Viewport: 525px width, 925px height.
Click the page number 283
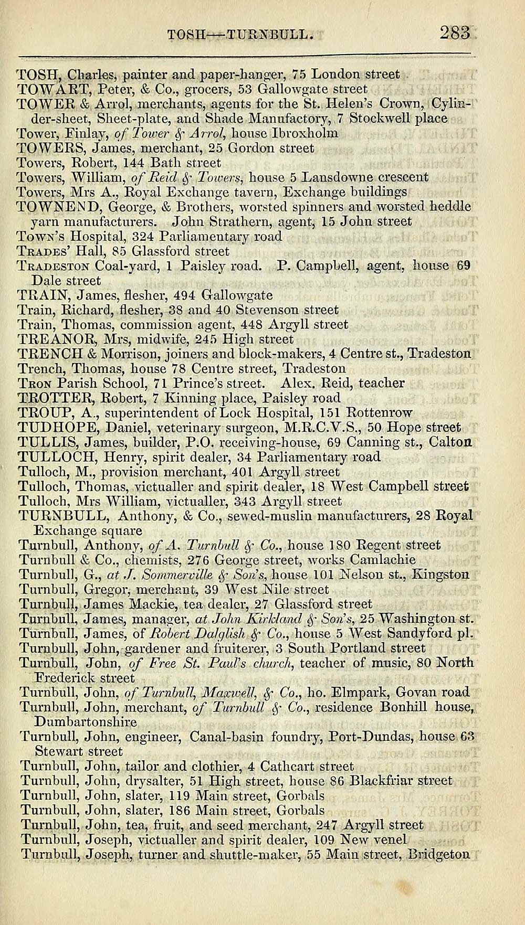pyautogui.click(x=455, y=34)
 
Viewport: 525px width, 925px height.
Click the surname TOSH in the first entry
pyautogui.click(x=35, y=74)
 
